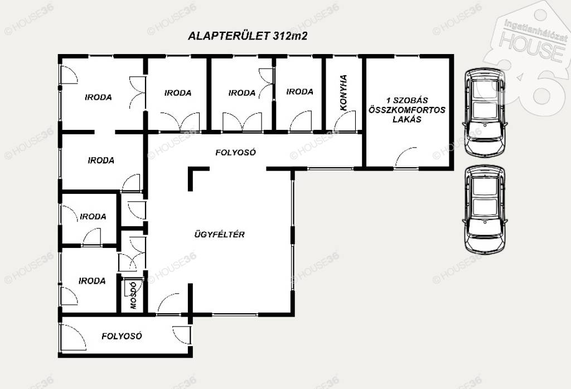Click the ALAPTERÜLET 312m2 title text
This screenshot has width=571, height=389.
pyautogui.click(x=248, y=36)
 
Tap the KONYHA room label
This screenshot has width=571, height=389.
pyautogui.click(x=343, y=93)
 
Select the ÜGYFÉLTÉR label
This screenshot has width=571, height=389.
pyautogui.click(x=219, y=234)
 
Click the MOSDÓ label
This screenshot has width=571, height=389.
pyautogui.click(x=133, y=295)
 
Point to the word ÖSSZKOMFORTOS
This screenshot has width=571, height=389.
pyautogui.click(x=407, y=110)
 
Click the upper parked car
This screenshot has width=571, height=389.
pyautogui.click(x=485, y=111)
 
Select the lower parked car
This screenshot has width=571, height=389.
pyautogui.click(x=485, y=209)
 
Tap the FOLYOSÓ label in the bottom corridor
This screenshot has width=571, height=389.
pyautogui.click(x=122, y=336)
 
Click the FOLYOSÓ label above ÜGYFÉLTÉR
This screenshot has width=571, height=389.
pyautogui.click(x=236, y=152)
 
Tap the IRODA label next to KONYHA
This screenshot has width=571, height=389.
pyautogui.click(x=299, y=92)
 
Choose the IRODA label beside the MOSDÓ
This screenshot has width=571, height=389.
pyautogui.click(x=92, y=281)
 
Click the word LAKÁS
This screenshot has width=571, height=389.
pyautogui.click(x=407, y=119)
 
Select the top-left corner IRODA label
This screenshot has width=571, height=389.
pyautogui.click(x=98, y=97)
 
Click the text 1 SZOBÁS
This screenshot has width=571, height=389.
pyautogui.click(x=407, y=100)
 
